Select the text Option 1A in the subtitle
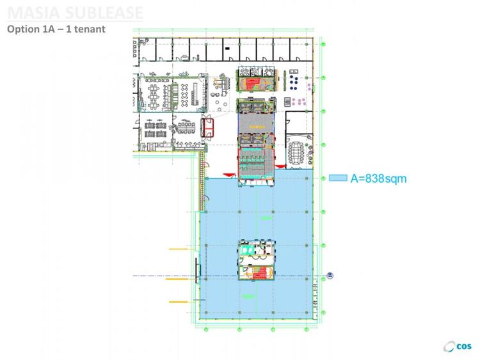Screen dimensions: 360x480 click(29, 29)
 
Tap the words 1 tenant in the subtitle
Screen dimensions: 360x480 click(84, 29)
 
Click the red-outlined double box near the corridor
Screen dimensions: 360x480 click(208, 125)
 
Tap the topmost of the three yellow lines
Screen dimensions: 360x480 click(177, 248)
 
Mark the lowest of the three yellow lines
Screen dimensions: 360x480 click(179, 301)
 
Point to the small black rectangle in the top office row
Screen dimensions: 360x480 click(228, 47)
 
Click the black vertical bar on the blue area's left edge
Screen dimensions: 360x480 click(198, 269)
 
